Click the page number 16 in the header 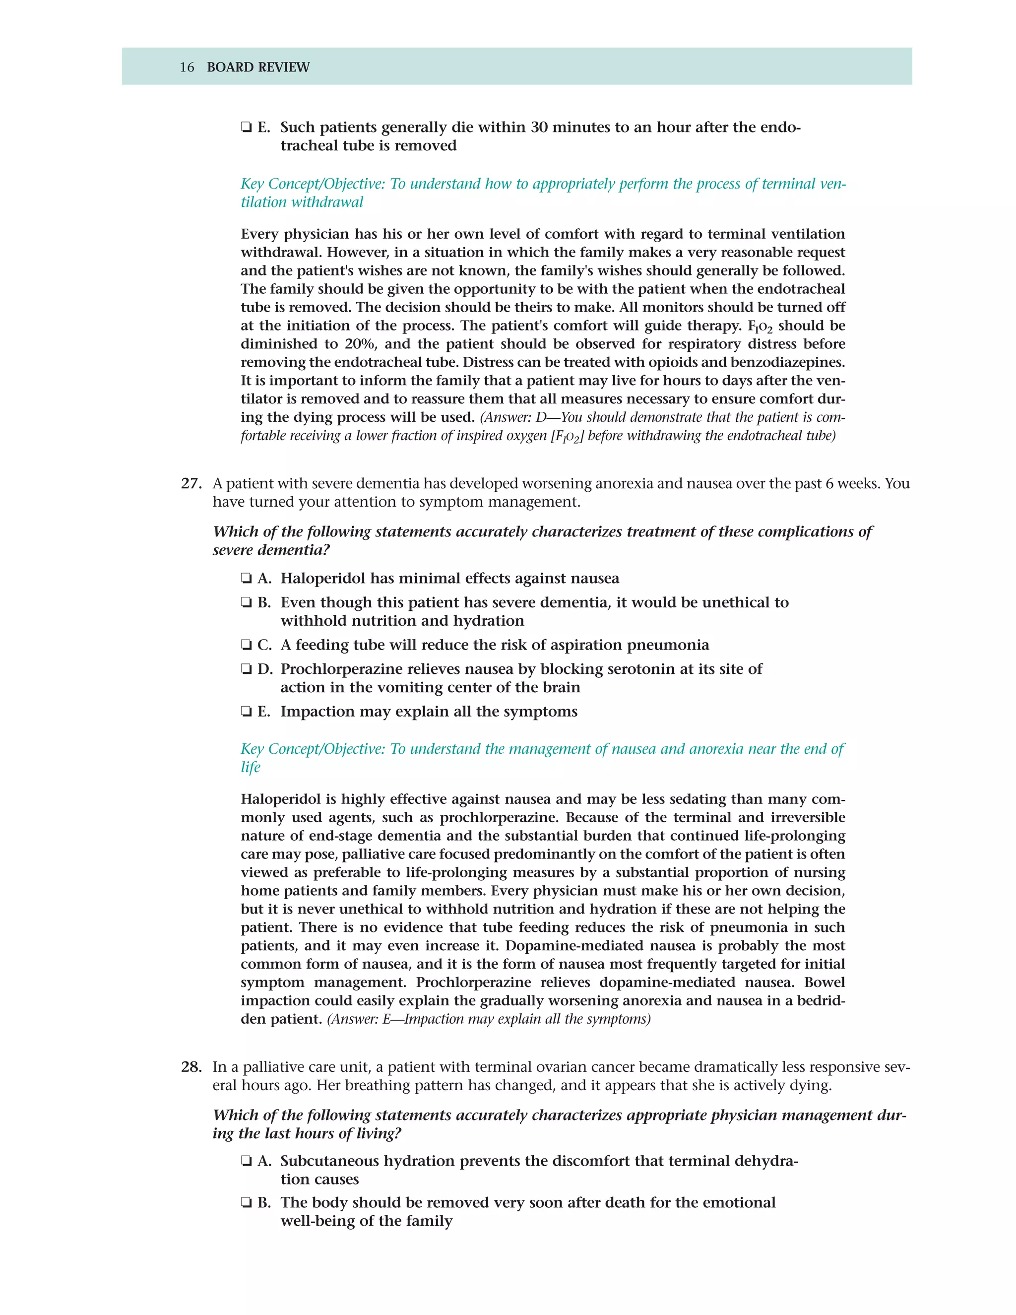[x=187, y=67]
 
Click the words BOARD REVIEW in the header [x=258, y=67]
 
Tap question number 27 [x=191, y=483]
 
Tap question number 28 [x=191, y=1067]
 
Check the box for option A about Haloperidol [x=246, y=579]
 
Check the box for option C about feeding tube [x=246, y=645]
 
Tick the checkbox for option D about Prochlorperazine [x=246, y=669]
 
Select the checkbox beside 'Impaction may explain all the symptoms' [x=246, y=712]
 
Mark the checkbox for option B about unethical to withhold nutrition [x=246, y=603]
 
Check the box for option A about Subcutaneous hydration [x=246, y=1161]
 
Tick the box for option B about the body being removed [x=246, y=1202]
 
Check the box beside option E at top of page [x=246, y=128]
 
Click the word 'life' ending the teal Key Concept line [x=251, y=767]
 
